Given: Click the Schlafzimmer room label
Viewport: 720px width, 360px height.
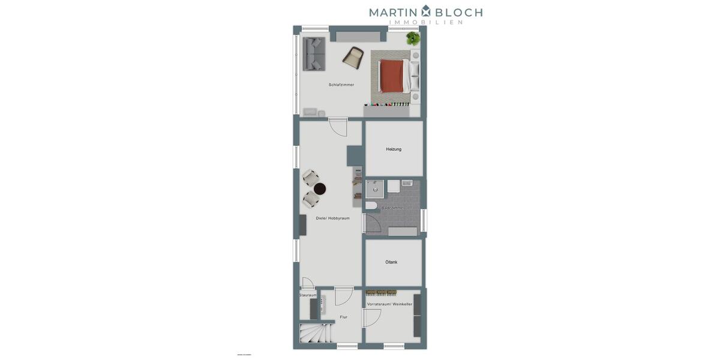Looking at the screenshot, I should (x=341, y=85).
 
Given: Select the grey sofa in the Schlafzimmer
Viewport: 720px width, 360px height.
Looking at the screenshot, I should (x=313, y=54).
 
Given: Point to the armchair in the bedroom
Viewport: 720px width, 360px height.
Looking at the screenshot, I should (x=353, y=56).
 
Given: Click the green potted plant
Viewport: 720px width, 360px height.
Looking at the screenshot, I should (x=413, y=38).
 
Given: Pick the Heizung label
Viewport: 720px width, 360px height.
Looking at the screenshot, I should (x=394, y=149).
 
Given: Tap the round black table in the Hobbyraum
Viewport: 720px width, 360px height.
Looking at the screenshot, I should (x=320, y=188).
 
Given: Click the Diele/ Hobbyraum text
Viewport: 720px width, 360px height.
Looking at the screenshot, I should (x=332, y=218).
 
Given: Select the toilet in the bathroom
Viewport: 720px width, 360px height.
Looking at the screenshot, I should (x=371, y=206).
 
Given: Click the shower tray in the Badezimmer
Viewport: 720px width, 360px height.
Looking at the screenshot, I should (x=374, y=188).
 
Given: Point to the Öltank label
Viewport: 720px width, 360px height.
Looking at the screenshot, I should (x=391, y=262).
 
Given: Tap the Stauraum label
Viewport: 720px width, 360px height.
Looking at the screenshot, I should (x=308, y=295).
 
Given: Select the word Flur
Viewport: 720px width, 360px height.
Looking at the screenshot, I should (x=343, y=317).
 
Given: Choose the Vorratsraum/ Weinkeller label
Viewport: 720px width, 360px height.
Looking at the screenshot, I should (x=389, y=304).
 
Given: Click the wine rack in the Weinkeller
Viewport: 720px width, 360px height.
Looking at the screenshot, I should (x=382, y=293).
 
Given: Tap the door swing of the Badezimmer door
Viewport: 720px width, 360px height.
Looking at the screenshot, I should (x=371, y=224).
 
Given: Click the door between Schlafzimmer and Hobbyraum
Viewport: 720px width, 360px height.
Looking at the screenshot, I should (x=338, y=127).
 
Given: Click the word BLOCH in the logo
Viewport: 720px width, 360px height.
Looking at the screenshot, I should (x=458, y=12).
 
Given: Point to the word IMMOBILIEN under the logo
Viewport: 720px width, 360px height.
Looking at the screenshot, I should (x=426, y=22).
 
